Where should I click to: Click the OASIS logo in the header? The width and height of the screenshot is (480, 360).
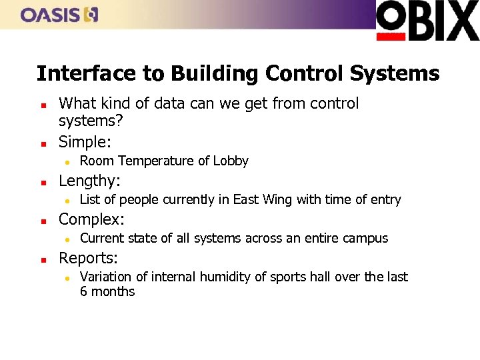59,14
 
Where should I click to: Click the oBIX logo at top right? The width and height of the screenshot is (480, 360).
427,21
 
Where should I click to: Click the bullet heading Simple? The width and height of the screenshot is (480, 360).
85,141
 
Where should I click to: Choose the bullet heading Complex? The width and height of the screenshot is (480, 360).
92,219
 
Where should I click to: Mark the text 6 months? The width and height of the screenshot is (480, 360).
107,291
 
